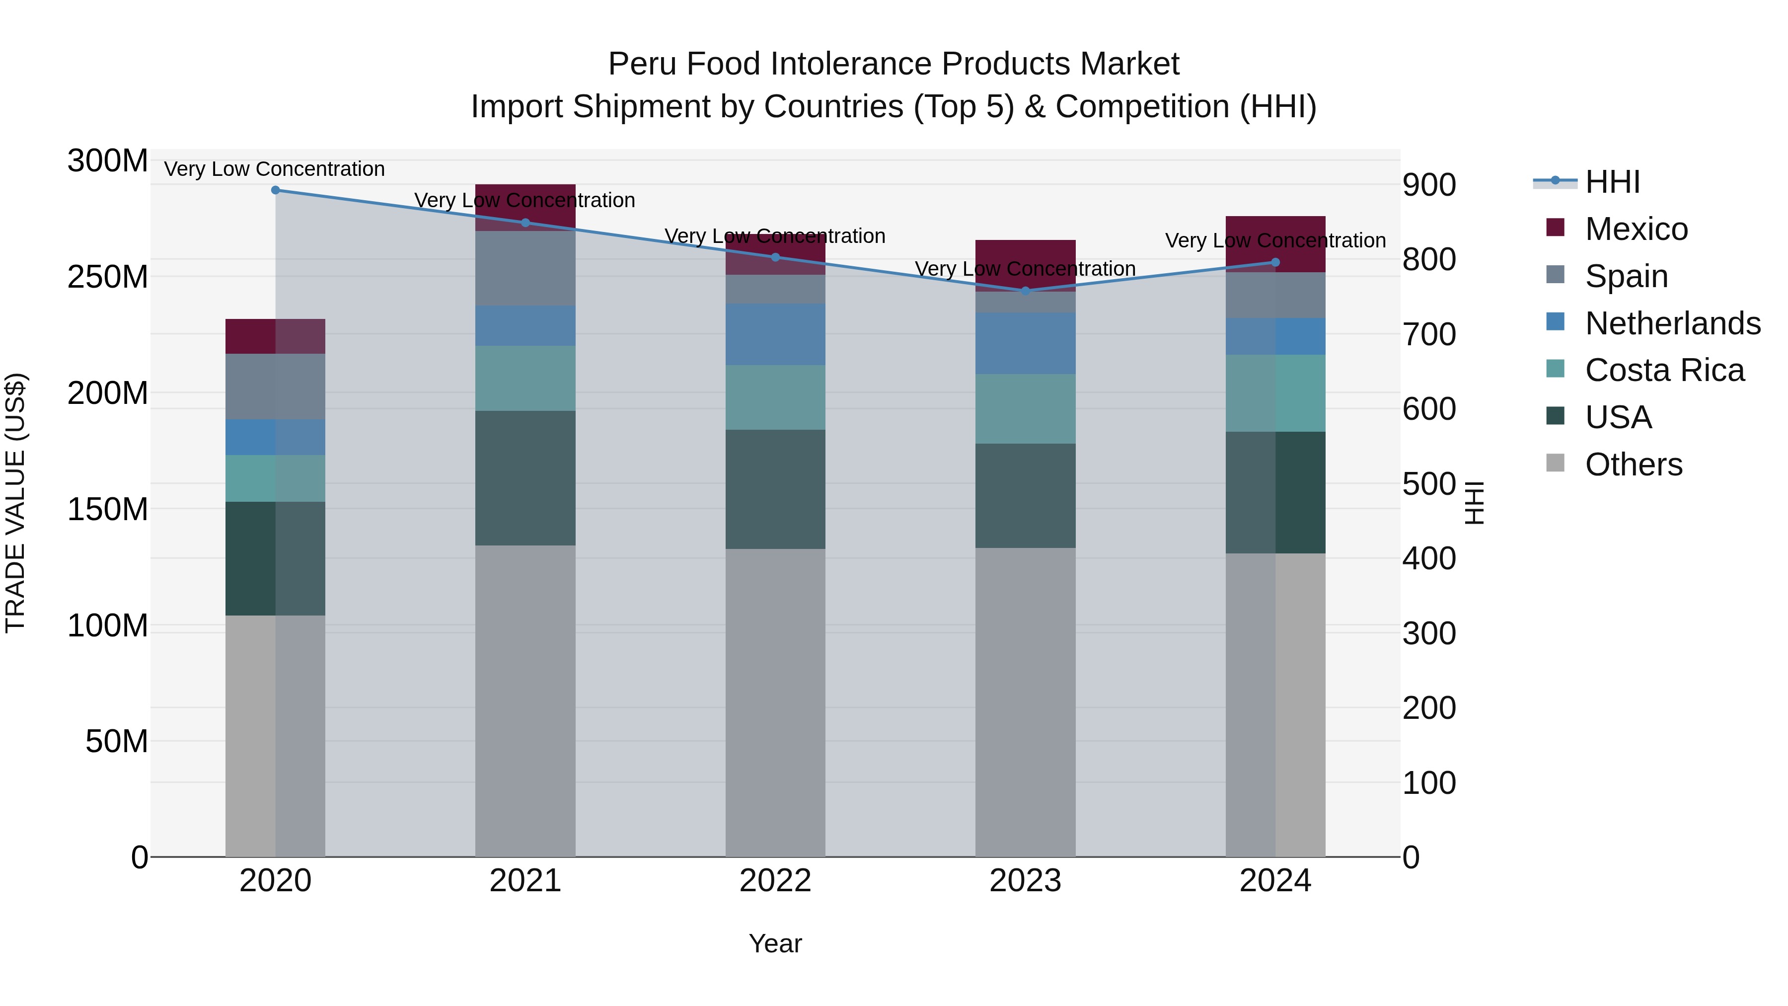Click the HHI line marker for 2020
click(276, 190)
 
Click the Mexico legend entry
click(1636, 229)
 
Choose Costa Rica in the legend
click(1664, 371)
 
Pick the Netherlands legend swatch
click(1556, 322)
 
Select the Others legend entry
click(1633, 464)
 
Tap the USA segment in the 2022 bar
click(775, 489)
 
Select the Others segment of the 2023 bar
click(1025, 701)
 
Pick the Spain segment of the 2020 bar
click(276, 387)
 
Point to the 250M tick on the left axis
click(108, 278)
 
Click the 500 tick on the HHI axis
click(1428, 484)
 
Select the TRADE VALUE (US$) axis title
click(15, 503)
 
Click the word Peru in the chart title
click(634, 64)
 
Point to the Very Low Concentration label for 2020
click(274, 169)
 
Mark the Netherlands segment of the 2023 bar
click(1025, 343)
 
